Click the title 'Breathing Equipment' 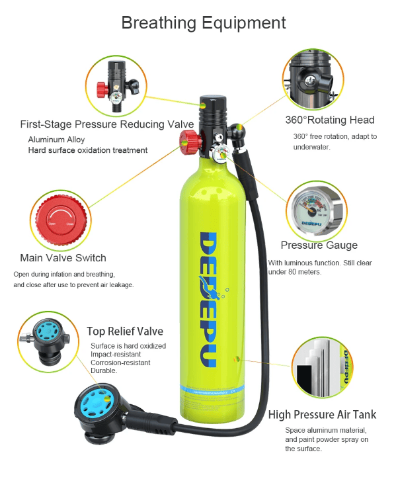coord(203,22)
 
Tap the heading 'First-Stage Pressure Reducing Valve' coord(106,124)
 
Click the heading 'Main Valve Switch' coord(63,257)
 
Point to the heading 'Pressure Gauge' coord(319,245)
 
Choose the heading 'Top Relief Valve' coord(125,331)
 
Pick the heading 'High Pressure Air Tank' coord(322,415)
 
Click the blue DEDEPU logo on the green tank coord(208,297)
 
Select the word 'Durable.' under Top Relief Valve coord(104,371)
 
